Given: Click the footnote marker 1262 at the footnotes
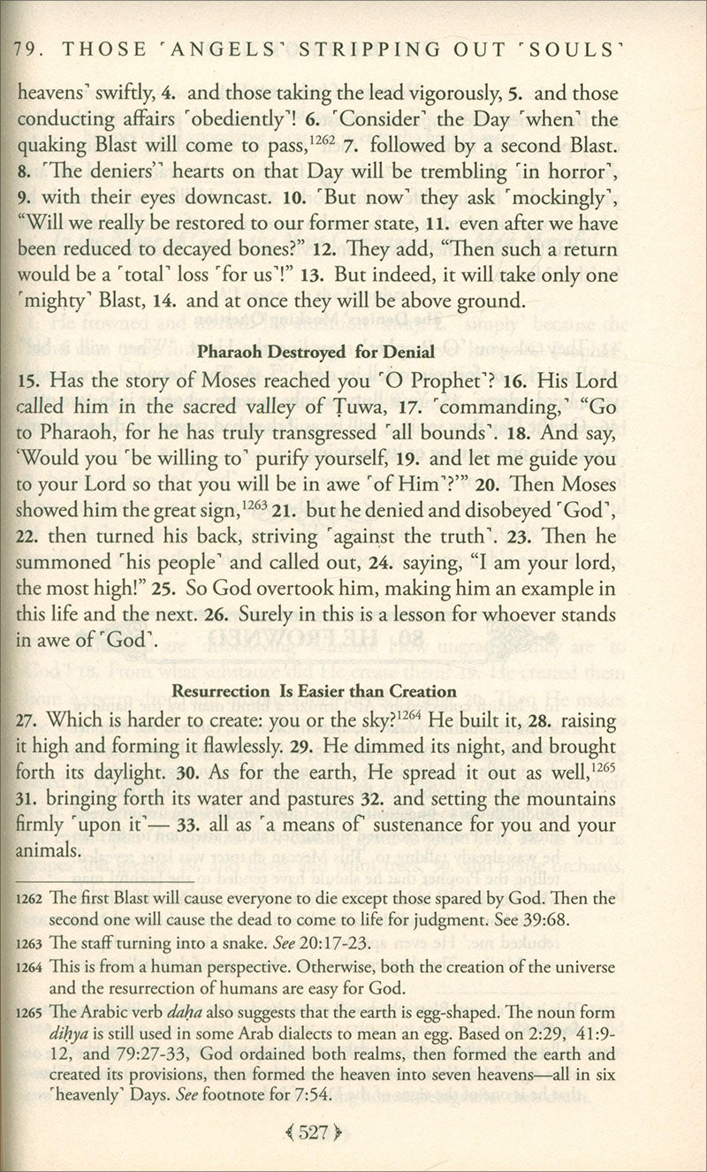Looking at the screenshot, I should coord(30,899).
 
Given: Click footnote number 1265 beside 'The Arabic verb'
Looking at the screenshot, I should coord(30,1013).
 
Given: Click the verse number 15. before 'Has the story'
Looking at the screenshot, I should coord(29,382).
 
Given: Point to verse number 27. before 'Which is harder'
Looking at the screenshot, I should coord(29,720).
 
